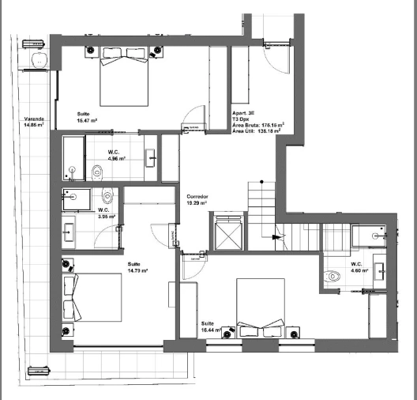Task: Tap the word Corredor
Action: coord(197,196)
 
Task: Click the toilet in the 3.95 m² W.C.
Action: coord(107,197)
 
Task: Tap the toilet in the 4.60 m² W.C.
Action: coord(332,276)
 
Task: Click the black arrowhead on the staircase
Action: coord(276,235)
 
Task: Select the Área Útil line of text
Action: coord(257,131)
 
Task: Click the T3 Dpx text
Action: coord(242,118)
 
